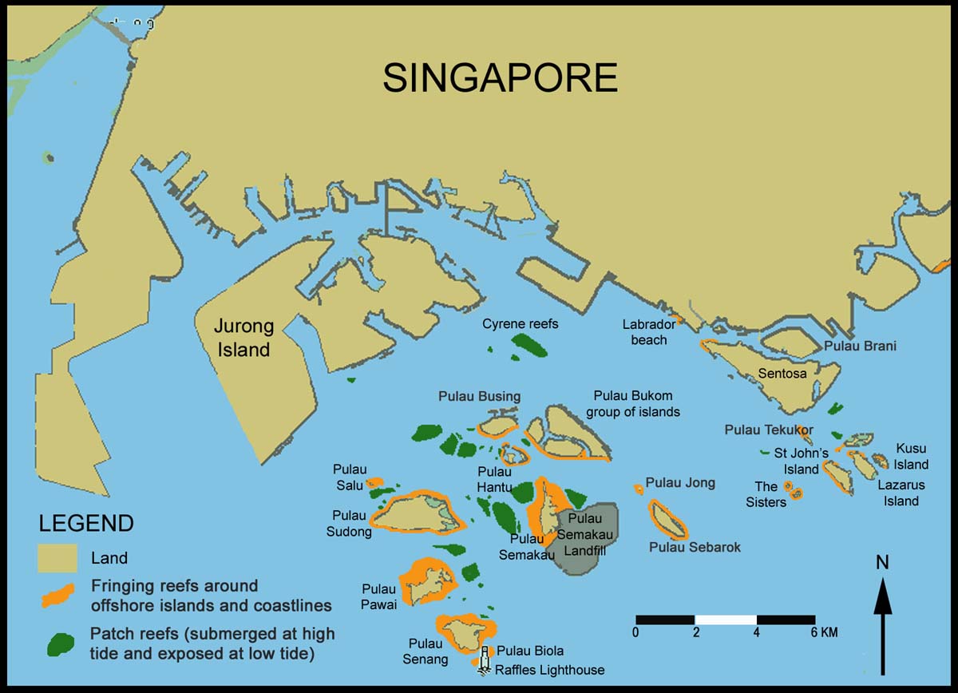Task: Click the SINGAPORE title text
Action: tap(501, 77)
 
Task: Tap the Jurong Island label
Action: tap(243, 338)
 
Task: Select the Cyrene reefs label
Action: tap(520, 324)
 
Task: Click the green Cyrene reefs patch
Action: tap(528, 346)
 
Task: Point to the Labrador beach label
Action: tap(649, 332)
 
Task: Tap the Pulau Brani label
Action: tap(859, 346)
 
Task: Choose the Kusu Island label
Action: tap(911, 457)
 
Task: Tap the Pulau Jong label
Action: tap(680, 483)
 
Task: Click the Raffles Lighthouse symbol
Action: tap(484, 661)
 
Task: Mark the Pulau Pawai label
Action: tap(379, 596)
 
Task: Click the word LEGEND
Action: tap(86, 524)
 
